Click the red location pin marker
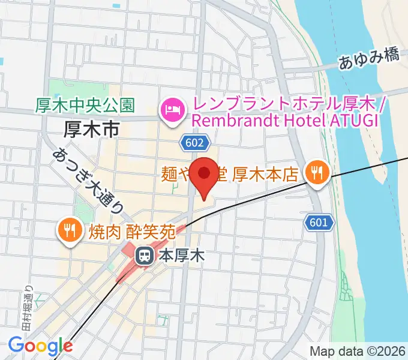click(205, 174)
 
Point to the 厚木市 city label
click(91, 127)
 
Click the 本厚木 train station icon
click(145, 256)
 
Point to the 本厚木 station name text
click(182, 256)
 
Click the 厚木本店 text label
click(265, 175)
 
